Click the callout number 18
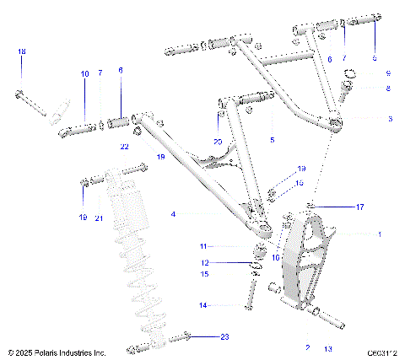[x=22, y=52]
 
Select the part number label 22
[x=124, y=147]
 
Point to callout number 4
[x=172, y=214]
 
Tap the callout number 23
[x=224, y=336]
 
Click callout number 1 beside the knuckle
[x=379, y=234]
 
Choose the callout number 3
[x=389, y=119]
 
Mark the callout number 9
[x=389, y=73]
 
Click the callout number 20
[x=218, y=141]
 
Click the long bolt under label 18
[x=31, y=100]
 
